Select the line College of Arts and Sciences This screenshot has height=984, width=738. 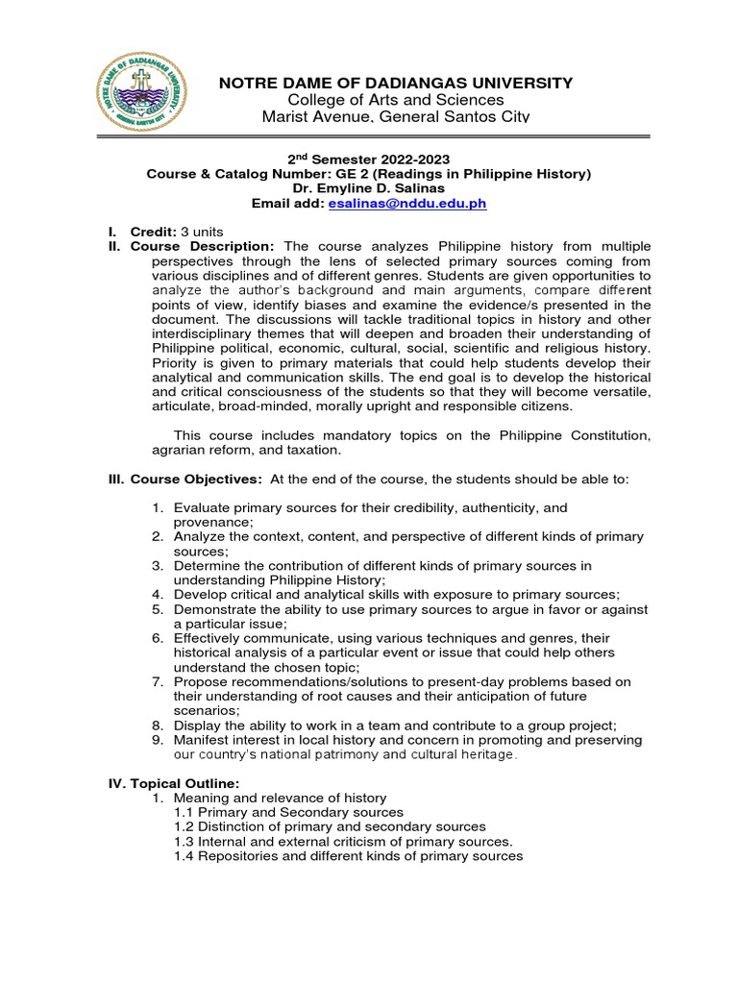click(396, 100)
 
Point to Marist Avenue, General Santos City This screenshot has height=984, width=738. click(396, 116)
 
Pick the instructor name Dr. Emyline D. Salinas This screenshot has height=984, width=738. click(368, 188)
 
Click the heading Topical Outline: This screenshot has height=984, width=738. click(178, 783)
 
